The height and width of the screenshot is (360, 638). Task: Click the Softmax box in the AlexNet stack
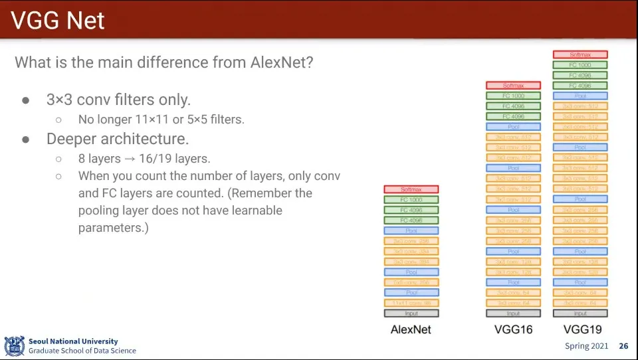click(411, 189)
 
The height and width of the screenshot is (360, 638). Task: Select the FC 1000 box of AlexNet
click(411, 200)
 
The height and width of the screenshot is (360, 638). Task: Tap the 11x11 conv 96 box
click(411, 303)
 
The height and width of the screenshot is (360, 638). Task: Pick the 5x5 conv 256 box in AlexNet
click(411, 282)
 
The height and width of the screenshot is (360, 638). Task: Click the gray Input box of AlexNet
click(411, 314)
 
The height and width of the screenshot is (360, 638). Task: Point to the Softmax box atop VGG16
click(513, 86)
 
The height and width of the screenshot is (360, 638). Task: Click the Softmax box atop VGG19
click(580, 54)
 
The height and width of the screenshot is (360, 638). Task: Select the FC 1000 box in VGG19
click(580, 65)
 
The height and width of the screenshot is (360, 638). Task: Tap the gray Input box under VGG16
click(513, 314)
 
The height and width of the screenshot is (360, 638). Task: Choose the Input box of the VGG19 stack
click(580, 314)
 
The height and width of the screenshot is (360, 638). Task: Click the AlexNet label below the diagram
click(411, 329)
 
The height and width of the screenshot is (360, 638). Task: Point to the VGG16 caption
click(513, 329)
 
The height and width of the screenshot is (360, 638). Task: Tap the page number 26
click(623, 346)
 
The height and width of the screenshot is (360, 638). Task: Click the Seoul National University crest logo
click(14, 346)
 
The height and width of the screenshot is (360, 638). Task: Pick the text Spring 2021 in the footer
click(586, 346)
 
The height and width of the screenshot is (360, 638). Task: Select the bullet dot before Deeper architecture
click(26, 139)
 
